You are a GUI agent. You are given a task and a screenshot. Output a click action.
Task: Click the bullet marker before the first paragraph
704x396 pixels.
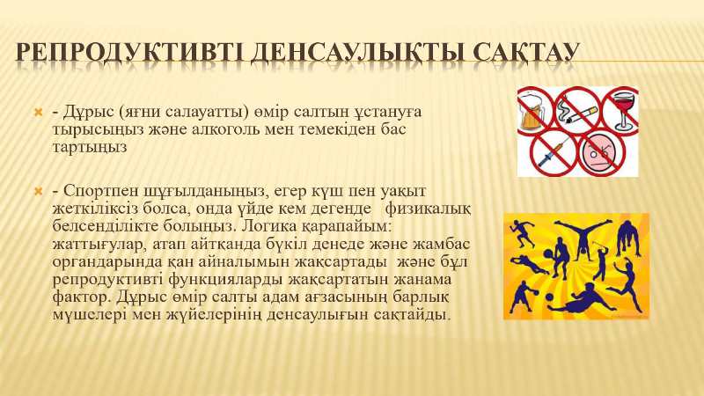[x=38, y=111]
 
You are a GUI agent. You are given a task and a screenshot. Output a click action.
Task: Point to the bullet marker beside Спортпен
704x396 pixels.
[x=38, y=192]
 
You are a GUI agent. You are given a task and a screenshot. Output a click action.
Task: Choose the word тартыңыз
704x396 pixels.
[x=90, y=147]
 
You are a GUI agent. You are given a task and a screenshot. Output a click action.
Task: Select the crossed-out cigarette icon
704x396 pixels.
[x=577, y=110]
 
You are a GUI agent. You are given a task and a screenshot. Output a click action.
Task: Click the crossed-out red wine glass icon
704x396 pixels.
[x=621, y=111]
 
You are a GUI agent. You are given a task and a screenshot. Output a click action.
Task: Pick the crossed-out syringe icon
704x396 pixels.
[x=554, y=153]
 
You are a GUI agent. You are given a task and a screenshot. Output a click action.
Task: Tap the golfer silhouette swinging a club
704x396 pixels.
[x=600, y=260]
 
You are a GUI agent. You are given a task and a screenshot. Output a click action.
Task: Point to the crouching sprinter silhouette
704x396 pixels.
[x=629, y=238]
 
